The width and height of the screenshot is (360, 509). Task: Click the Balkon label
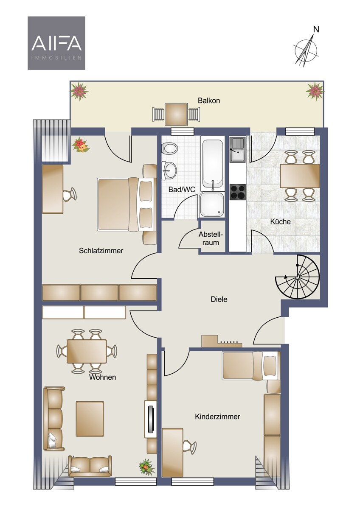click(x=209, y=101)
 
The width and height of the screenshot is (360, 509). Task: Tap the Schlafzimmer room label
click(x=101, y=251)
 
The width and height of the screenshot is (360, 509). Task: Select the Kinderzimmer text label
click(x=218, y=417)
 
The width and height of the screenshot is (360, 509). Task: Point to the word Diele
click(x=219, y=299)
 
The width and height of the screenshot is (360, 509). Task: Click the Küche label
click(x=280, y=221)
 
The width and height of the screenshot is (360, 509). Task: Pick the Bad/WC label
click(x=182, y=189)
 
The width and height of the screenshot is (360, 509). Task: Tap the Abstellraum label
click(x=211, y=238)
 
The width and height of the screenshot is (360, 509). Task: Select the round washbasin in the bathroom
click(x=169, y=170)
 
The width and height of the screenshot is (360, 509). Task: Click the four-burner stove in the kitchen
click(x=238, y=192)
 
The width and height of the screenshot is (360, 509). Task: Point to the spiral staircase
click(x=298, y=277)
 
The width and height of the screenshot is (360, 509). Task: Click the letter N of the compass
click(x=316, y=29)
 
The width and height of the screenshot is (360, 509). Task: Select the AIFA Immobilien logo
click(x=56, y=43)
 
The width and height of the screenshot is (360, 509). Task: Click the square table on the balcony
click(x=176, y=114)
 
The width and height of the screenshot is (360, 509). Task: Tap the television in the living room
click(x=150, y=419)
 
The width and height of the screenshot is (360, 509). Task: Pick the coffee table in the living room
click(x=90, y=419)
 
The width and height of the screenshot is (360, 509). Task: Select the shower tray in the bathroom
click(x=212, y=204)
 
